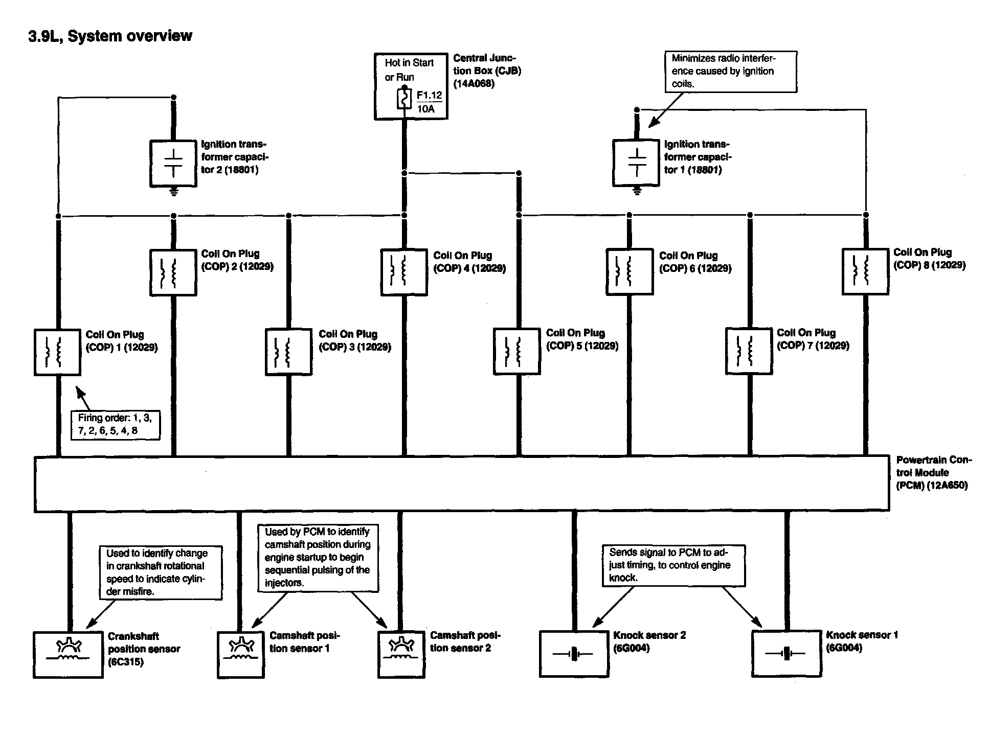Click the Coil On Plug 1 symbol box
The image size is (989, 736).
57,353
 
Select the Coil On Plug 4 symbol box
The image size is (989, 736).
404,272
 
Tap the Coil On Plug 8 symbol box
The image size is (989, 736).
865,271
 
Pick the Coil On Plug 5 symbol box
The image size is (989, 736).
516,352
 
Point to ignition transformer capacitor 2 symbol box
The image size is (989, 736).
173,163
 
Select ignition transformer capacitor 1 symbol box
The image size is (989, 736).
636,163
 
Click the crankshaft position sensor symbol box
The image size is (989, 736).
68,655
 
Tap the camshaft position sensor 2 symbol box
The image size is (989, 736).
401,655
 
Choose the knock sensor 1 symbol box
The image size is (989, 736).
786,654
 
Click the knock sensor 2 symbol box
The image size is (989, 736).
574,654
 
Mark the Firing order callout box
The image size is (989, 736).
115,424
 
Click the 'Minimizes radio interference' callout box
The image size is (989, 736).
730,72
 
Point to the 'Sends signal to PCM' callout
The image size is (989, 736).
673,565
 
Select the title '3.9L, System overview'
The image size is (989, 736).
110,36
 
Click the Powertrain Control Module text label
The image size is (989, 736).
933,473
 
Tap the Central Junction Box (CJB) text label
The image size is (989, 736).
486,71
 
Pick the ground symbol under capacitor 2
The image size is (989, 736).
174,192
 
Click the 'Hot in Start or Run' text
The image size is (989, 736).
409,70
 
